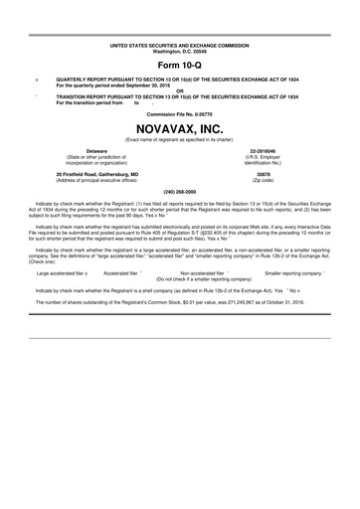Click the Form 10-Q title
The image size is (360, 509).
(180, 64)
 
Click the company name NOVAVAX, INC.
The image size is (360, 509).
(180, 127)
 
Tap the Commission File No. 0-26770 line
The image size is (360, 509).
(180, 113)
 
